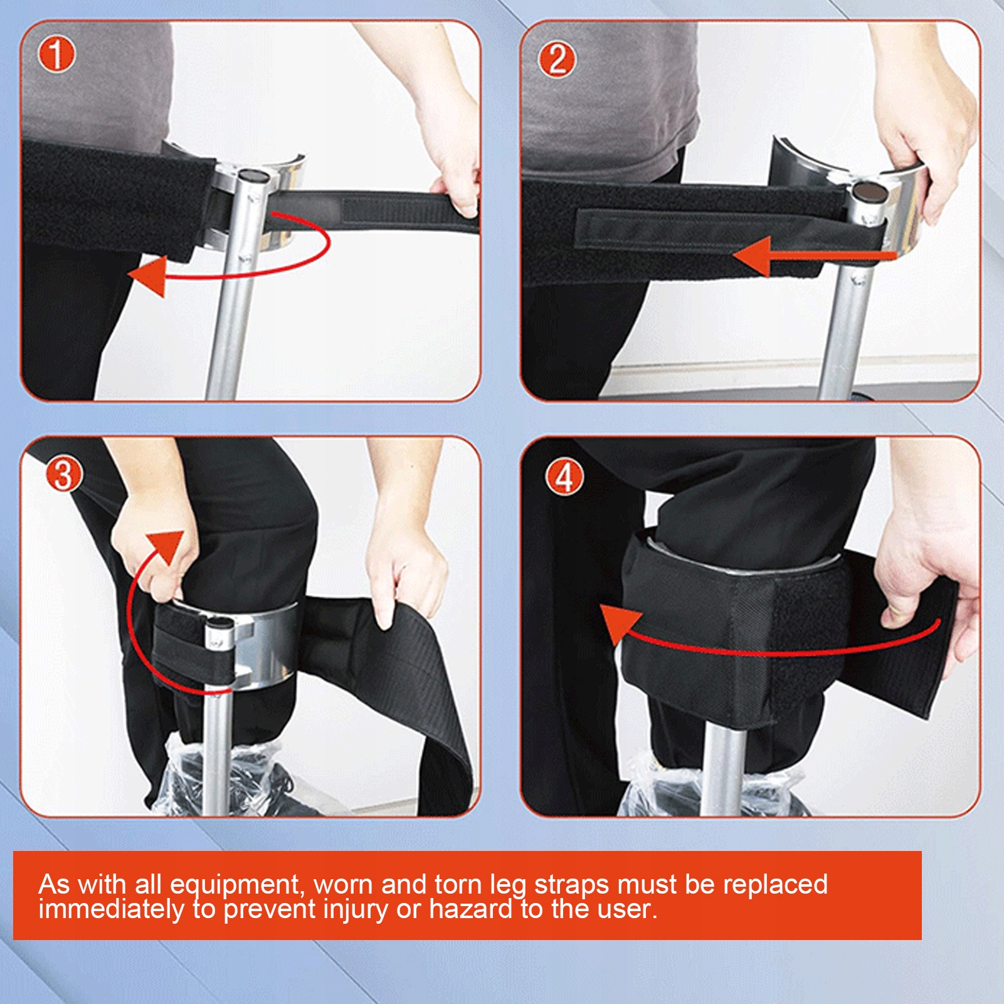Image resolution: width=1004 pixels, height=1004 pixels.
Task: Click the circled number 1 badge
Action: [56, 55]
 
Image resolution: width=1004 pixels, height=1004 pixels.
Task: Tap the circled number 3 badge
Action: [63, 474]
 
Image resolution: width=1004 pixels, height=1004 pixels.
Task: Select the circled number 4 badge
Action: [564, 478]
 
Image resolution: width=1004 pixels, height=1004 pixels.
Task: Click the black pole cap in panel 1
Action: [253, 175]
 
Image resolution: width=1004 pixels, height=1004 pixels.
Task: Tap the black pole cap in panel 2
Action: [867, 190]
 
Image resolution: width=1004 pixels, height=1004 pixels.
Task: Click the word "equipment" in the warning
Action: [235, 885]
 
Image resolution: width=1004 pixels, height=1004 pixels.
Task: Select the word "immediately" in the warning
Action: [112, 909]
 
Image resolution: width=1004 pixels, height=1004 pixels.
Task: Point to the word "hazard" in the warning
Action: [470, 909]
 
